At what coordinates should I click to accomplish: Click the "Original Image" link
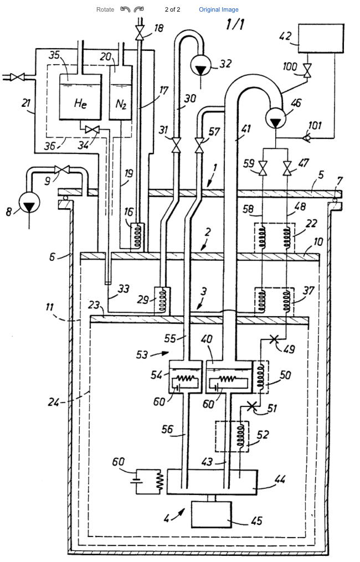tap(219, 9)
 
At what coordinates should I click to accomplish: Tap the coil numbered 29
tap(162, 300)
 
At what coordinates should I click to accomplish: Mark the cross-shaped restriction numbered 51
tap(253, 407)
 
